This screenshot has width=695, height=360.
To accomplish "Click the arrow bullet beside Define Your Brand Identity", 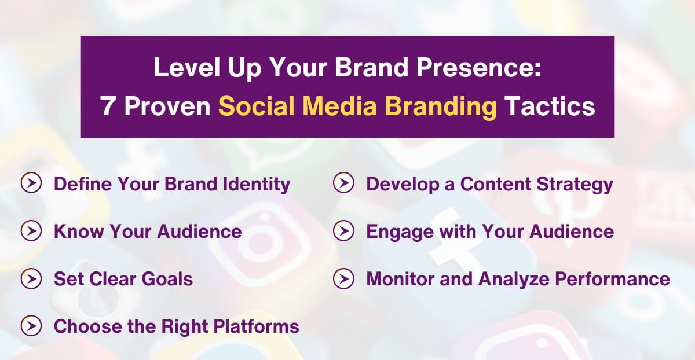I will [31, 184].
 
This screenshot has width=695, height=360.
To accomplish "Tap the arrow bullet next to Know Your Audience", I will [31, 232].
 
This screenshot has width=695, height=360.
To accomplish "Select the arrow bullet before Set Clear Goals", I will [31, 279].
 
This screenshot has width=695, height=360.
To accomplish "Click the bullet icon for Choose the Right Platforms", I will [31, 326].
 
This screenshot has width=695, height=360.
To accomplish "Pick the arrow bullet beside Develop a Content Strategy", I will [343, 184].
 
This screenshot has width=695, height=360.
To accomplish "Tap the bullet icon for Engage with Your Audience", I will [343, 232].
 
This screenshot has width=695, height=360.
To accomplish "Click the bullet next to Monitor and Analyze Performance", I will [343, 279].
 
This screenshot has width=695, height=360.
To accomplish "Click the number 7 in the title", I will [107, 106].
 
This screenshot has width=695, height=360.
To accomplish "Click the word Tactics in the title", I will [550, 106].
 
